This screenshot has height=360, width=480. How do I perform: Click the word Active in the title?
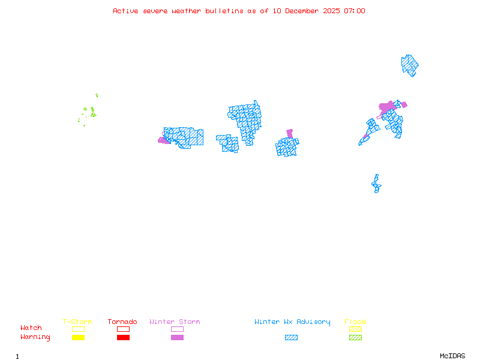pyautogui.click(x=125, y=11)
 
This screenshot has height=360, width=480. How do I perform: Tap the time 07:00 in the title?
pyautogui.click(x=353, y=11)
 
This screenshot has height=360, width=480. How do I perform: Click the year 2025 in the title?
pyautogui.click(x=332, y=11)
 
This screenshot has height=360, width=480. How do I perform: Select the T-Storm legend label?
pyautogui.click(x=77, y=322)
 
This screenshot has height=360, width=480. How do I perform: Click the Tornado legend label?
pyautogui.click(x=122, y=322)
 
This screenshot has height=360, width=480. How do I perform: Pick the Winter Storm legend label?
pyautogui.click(x=175, y=322)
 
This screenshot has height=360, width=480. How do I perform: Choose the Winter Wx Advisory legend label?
pyautogui.click(x=292, y=322)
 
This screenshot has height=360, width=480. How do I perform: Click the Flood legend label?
pyautogui.click(x=355, y=322)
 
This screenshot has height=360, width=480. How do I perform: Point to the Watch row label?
pyautogui.click(x=31, y=328)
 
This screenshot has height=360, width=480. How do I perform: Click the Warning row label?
pyautogui.click(x=35, y=337)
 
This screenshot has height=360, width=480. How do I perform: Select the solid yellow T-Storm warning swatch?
pyautogui.click(x=78, y=338)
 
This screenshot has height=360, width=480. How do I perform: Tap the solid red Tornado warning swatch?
pyautogui.click(x=123, y=338)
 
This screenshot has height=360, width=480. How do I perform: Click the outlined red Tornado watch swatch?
pyautogui.click(x=123, y=329)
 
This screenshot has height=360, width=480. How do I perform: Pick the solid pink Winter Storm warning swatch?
pyautogui.click(x=177, y=338)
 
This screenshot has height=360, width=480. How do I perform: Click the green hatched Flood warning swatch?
pyautogui.click(x=355, y=338)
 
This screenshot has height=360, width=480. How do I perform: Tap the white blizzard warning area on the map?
pyautogui.click(x=377, y=172)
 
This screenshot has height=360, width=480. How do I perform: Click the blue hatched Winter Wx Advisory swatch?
pyautogui.click(x=291, y=338)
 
